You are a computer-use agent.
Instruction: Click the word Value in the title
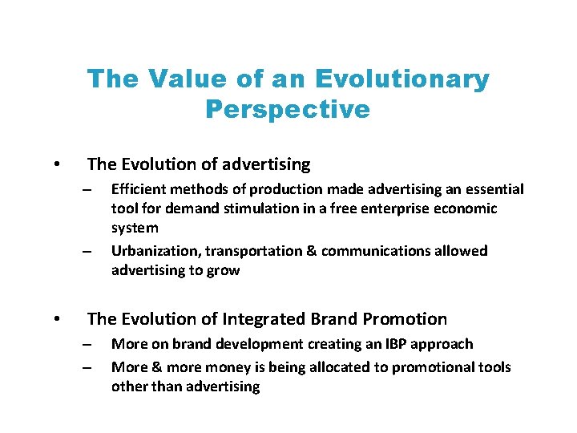click(180, 79)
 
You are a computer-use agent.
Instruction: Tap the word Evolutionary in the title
click(402, 79)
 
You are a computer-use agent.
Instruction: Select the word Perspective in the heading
click(288, 108)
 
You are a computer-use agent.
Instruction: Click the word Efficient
click(139, 189)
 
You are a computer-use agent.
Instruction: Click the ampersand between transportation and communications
click(312, 251)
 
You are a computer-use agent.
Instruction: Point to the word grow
click(223, 270)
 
